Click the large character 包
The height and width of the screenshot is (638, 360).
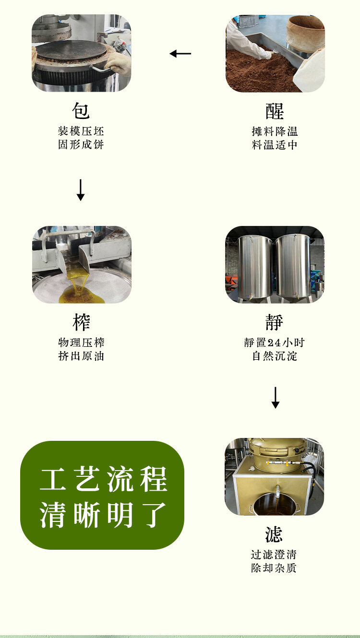tap(81, 111)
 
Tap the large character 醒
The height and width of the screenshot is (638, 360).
tap(275, 111)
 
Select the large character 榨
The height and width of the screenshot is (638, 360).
tap(82, 322)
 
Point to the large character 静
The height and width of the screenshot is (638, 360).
tap(274, 322)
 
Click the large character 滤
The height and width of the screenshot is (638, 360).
tap(274, 534)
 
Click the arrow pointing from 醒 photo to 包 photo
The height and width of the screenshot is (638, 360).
tap(180, 54)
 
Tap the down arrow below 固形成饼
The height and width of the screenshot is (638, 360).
tap(81, 190)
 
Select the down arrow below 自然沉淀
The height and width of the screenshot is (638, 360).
tap(276, 398)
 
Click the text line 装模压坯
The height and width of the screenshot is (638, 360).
tap(81, 131)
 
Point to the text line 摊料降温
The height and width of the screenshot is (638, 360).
tap(275, 131)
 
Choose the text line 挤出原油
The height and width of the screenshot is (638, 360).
tap(81, 356)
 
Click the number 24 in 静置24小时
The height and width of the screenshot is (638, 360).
tap(274, 343)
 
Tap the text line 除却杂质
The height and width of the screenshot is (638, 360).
tap(274, 568)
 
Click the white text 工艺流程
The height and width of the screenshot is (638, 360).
tap(104, 479)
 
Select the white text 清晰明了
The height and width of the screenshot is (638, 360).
tap(103, 515)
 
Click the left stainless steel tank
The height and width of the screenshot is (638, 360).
tap(255, 268)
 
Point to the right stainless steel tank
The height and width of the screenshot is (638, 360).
tap(293, 268)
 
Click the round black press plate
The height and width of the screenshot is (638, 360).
tap(71, 50)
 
